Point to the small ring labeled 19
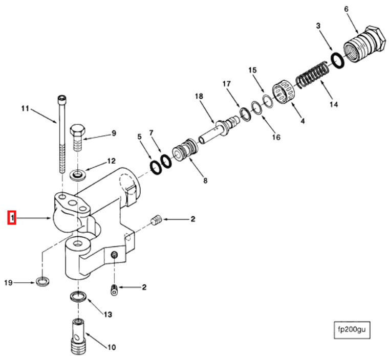[x=44, y=281]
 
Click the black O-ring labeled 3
[x=337, y=59]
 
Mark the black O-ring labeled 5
[x=154, y=166]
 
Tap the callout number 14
[x=334, y=105]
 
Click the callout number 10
[x=111, y=347]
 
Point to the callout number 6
[x=346, y=9]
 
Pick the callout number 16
[x=276, y=137]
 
